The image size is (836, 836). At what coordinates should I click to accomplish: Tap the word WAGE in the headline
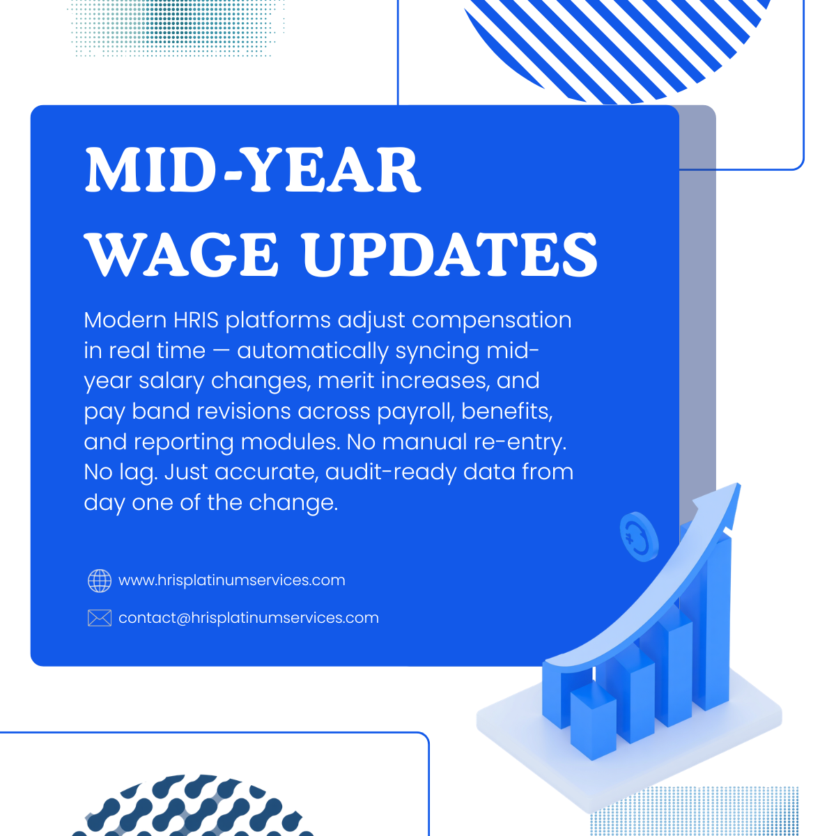tap(181, 254)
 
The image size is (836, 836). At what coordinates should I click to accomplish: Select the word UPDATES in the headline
tap(450, 254)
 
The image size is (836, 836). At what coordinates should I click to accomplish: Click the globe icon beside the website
tap(100, 580)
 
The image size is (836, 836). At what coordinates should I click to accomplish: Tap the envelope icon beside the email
tap(100, 618)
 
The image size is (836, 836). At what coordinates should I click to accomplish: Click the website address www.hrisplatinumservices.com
tap(232, 580)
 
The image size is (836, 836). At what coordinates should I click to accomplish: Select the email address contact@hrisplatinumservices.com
tap(249, 618)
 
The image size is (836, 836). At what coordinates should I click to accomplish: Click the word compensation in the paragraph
tap(491, 322)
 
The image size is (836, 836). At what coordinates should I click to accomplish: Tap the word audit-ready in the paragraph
tap(389, 473)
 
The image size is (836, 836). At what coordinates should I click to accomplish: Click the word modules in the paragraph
tap(290, 442)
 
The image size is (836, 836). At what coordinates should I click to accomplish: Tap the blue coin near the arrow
tap(639, 536)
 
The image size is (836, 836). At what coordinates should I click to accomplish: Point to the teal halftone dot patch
tap(176, 28)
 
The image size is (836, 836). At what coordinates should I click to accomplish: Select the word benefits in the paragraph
tap(506, 411)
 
